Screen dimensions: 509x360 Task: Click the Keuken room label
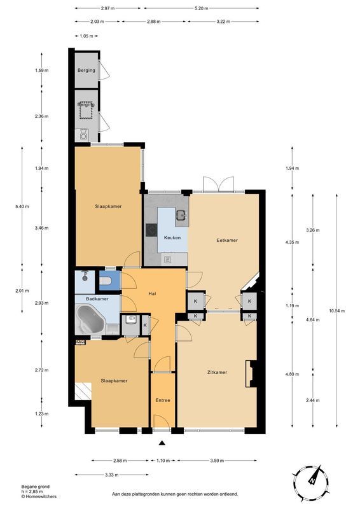click(172, 238)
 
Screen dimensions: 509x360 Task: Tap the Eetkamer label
click(226, 241)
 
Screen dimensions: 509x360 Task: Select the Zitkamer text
click(217, 373)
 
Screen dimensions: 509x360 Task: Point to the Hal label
click(152, 293)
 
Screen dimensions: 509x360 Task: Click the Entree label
click(163, 401)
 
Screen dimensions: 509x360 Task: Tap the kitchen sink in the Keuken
click(181, 215)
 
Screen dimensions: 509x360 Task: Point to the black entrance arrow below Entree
click(162, 443)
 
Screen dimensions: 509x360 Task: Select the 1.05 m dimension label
click(87, 36)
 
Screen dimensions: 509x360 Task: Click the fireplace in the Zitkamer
click(252, 373)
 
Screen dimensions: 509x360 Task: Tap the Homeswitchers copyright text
click(32, 493)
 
